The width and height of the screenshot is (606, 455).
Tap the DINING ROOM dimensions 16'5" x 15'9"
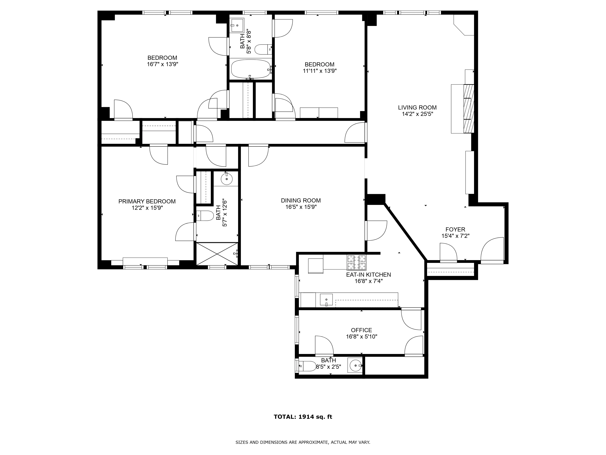(x=301, y=207)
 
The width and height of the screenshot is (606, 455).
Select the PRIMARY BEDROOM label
(x=147, y=201)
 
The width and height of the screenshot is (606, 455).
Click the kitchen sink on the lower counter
(x=326, y=300)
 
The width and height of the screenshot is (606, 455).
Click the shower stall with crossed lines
(x=217, y=254)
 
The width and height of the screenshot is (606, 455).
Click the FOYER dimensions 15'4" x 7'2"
(x=455, y=236)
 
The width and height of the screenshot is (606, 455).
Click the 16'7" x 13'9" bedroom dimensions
(x=162, y=64)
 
